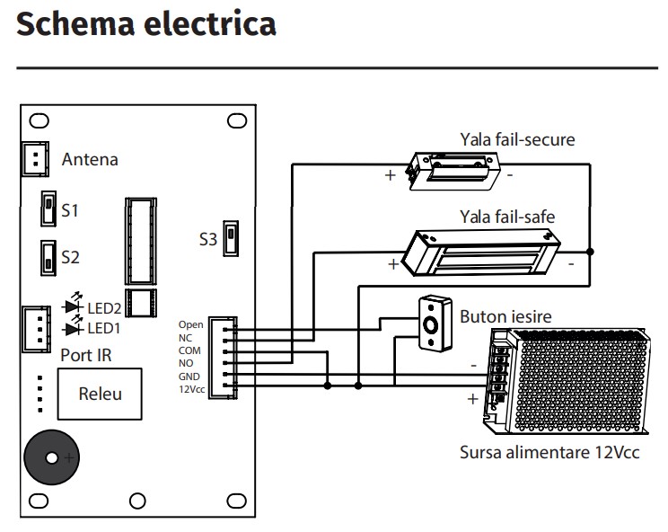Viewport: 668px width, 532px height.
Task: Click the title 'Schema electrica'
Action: click(x=146, y=24)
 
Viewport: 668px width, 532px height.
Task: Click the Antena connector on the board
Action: click(x=35, y=160)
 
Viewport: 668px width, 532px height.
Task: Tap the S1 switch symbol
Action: click(x=46, y=211)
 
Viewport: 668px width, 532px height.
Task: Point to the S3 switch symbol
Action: click(x=232, y=238)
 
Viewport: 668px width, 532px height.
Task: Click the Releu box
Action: click(x=99, y=394)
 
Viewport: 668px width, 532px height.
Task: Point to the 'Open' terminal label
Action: click(x=191, y=324)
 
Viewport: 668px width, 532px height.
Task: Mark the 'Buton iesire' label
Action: click(x=505, y=317)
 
